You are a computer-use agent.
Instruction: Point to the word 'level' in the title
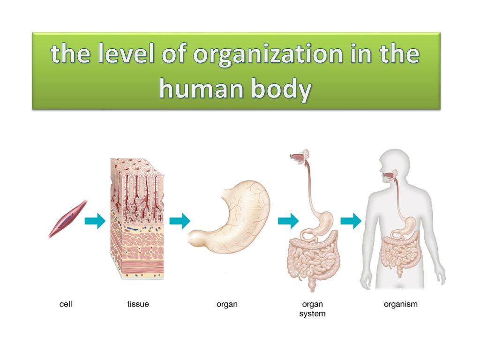click(x=127, y=54)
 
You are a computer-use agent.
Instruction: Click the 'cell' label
click(x=66, y=304)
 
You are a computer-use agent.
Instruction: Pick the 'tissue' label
click(x=138, y=304)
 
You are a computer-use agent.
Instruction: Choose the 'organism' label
click(x=400, y=304)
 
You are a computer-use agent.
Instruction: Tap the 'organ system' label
click(x=312, y=309)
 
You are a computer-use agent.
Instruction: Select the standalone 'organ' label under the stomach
click(x=227, y=304)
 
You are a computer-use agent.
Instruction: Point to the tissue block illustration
click(x=137, y=218)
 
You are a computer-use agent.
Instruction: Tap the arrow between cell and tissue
click(x=95, y=220)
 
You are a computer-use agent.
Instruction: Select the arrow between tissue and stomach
click(x=180, y=220)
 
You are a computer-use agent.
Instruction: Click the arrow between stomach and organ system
click(x=288, y=220)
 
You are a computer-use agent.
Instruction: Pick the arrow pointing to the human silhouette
click(x=351, y=220)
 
